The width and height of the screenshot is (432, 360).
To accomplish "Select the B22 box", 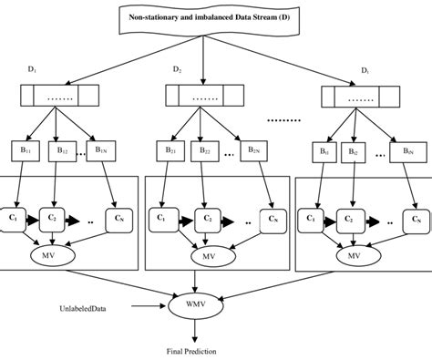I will pos(206,149).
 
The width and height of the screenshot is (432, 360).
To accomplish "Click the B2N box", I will pos(253,149).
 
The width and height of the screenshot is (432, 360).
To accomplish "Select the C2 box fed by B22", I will pos(209,219).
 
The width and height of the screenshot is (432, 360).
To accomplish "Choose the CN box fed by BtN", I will pos(415,219).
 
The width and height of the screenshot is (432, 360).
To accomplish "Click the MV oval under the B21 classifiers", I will pos(208,256).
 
